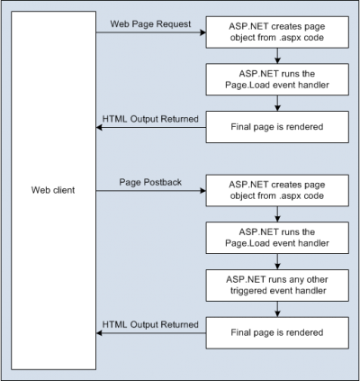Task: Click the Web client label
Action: pos(53,190)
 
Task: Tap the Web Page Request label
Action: pos(150,24)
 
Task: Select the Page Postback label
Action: pos(150,182)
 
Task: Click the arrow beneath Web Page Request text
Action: pos(151,32)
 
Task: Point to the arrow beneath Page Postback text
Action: pos(151,191)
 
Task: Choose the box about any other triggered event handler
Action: pos(277,286)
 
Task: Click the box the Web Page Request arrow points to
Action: pos(277,32)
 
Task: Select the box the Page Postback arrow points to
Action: pos(277,191)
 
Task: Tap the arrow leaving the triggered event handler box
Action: pos(277,309)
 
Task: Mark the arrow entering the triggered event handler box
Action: pos(277,261)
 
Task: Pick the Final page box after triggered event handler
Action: pos(277,332)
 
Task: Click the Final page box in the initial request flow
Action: pos(277,127)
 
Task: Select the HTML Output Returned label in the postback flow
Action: pos(150,324)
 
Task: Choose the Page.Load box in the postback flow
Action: pos(277,238)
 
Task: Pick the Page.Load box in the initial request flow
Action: pos(277,79)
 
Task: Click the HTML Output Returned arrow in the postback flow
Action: pos(151,333)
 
